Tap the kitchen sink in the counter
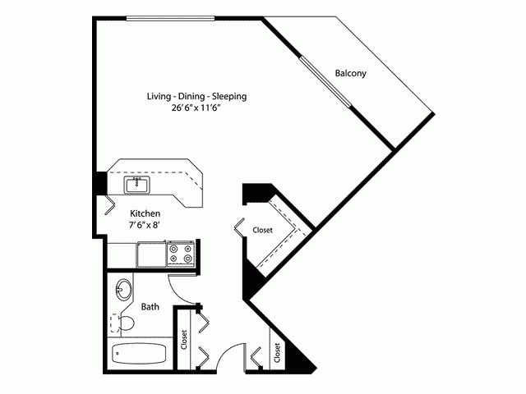tap(136, 185)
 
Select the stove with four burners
tap(180, 254)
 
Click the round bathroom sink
tap(123, 289)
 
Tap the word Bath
tap(150, 307)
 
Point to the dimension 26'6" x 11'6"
tap(196, 109)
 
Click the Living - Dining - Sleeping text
tap(196, 96)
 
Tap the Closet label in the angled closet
tap(262, 231)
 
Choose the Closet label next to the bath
tap(185, 337)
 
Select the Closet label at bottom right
tap(277, 352)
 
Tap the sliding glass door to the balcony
tap(325, 82)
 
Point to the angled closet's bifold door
tap(239, 227)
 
